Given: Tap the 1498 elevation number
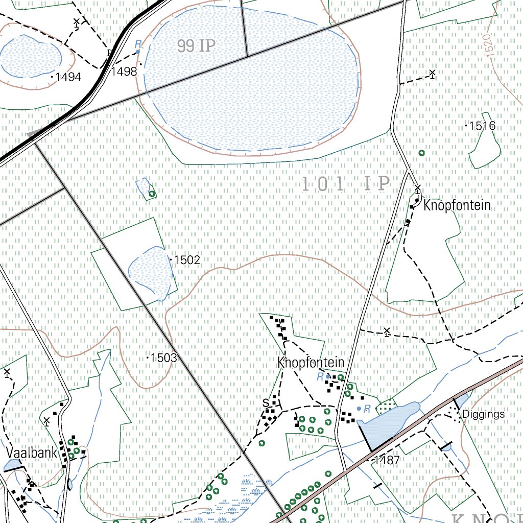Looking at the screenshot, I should pos(124,72).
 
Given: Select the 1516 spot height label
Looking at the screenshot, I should pos(483,126).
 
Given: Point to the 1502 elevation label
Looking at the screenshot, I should pos(186,260).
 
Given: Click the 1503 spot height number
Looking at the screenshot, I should pos(164,358).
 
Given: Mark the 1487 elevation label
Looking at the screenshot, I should pos(387,460).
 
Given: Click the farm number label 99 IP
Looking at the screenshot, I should pos(197,46).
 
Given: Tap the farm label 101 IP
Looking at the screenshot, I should pos(346,184).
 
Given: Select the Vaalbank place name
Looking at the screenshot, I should pos(32,453).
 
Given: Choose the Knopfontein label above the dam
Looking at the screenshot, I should pos(311,363).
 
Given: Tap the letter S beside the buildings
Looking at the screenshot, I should pos(266,403).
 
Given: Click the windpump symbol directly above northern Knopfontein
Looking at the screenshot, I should pos(418,188).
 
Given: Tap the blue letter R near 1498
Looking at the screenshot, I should pos(137,45).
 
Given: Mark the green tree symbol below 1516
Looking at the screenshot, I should pos(421,153).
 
